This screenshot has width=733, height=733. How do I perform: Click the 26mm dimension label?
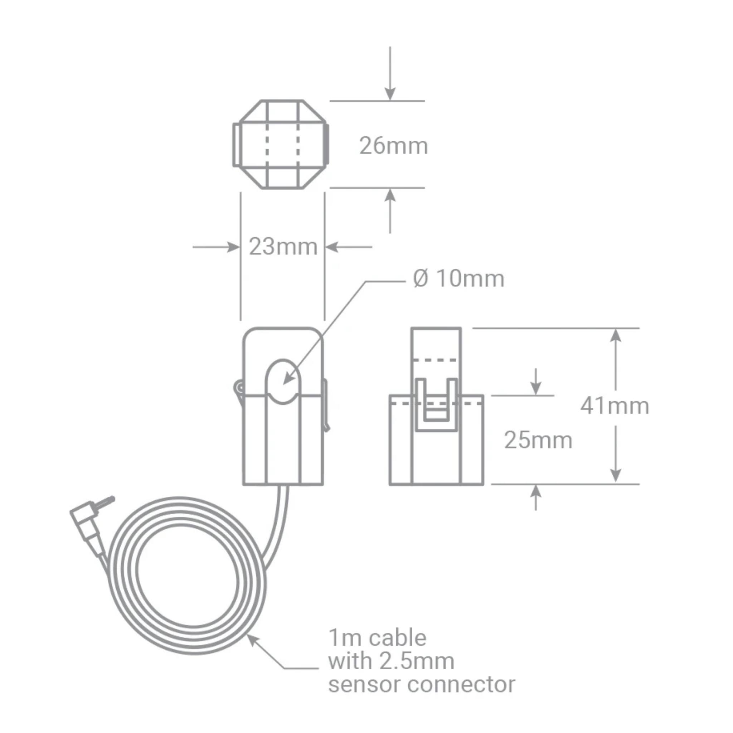click(393, 146)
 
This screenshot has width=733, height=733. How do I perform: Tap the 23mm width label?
click(283, 247)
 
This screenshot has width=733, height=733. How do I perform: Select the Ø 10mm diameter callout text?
click(458, 279)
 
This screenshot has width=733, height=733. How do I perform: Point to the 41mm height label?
click(615, 406)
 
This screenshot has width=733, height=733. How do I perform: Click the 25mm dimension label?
click(538, 441)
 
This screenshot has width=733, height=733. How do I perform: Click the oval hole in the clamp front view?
click(283, 382)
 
